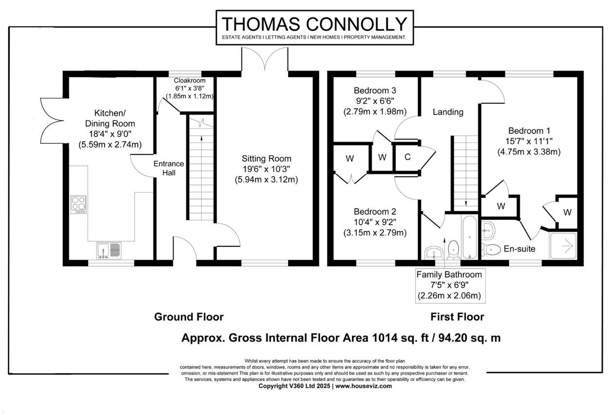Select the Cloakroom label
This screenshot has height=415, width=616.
[190, 80]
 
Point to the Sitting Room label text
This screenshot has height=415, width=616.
[267, 158]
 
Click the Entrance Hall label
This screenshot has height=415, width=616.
[169, 168]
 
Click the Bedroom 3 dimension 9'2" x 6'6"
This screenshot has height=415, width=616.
[374, 101]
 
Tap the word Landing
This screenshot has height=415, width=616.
[448, 112]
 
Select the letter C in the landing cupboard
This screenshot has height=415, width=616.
[407, 157]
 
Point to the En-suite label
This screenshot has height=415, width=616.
[520, 249]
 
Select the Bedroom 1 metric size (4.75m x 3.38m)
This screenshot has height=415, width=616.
[529, 152]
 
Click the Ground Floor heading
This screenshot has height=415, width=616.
[189, 317]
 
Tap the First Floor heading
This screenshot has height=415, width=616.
[457, 317]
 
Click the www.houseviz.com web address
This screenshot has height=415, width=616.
[364, 386]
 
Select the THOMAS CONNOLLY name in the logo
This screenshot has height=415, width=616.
[314, 24]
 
